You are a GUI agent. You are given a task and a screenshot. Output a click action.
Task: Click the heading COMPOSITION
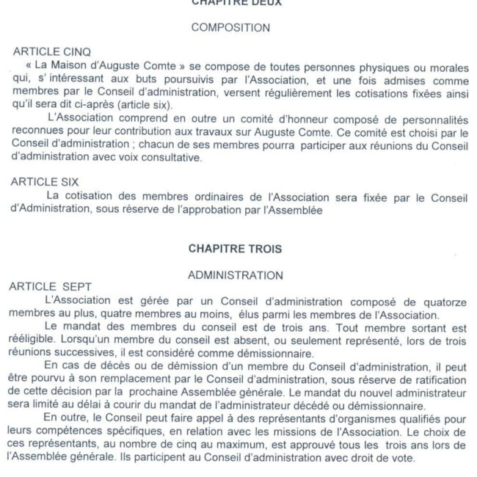pyautogui.click(x=230, y=29)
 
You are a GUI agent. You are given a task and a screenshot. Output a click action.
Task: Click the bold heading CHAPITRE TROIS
pyautogui.click(x=230, y=248)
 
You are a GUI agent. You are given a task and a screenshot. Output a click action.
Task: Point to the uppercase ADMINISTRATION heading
pyautogui.click(x=230, y=275)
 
